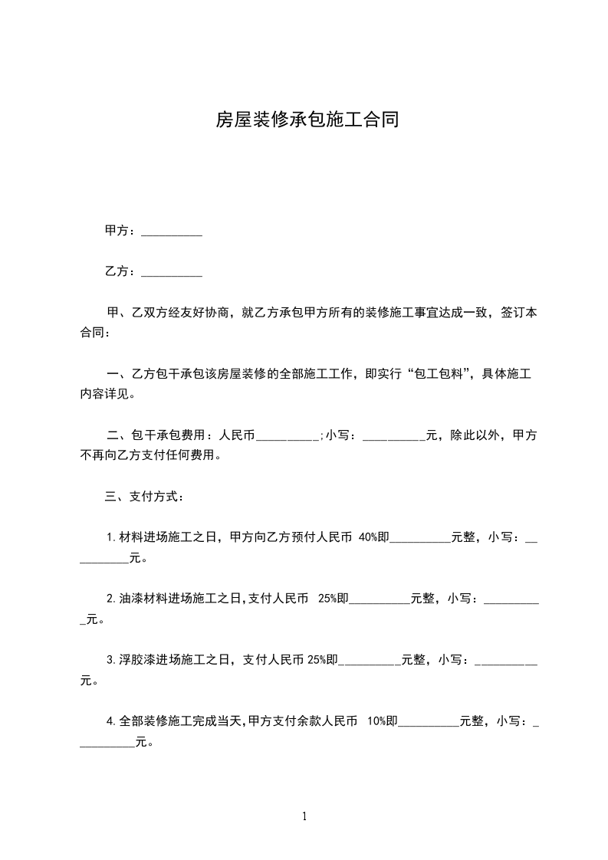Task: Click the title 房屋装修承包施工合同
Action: [307, 120]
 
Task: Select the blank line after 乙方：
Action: [173, 271]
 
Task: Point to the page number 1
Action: [304, 816]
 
